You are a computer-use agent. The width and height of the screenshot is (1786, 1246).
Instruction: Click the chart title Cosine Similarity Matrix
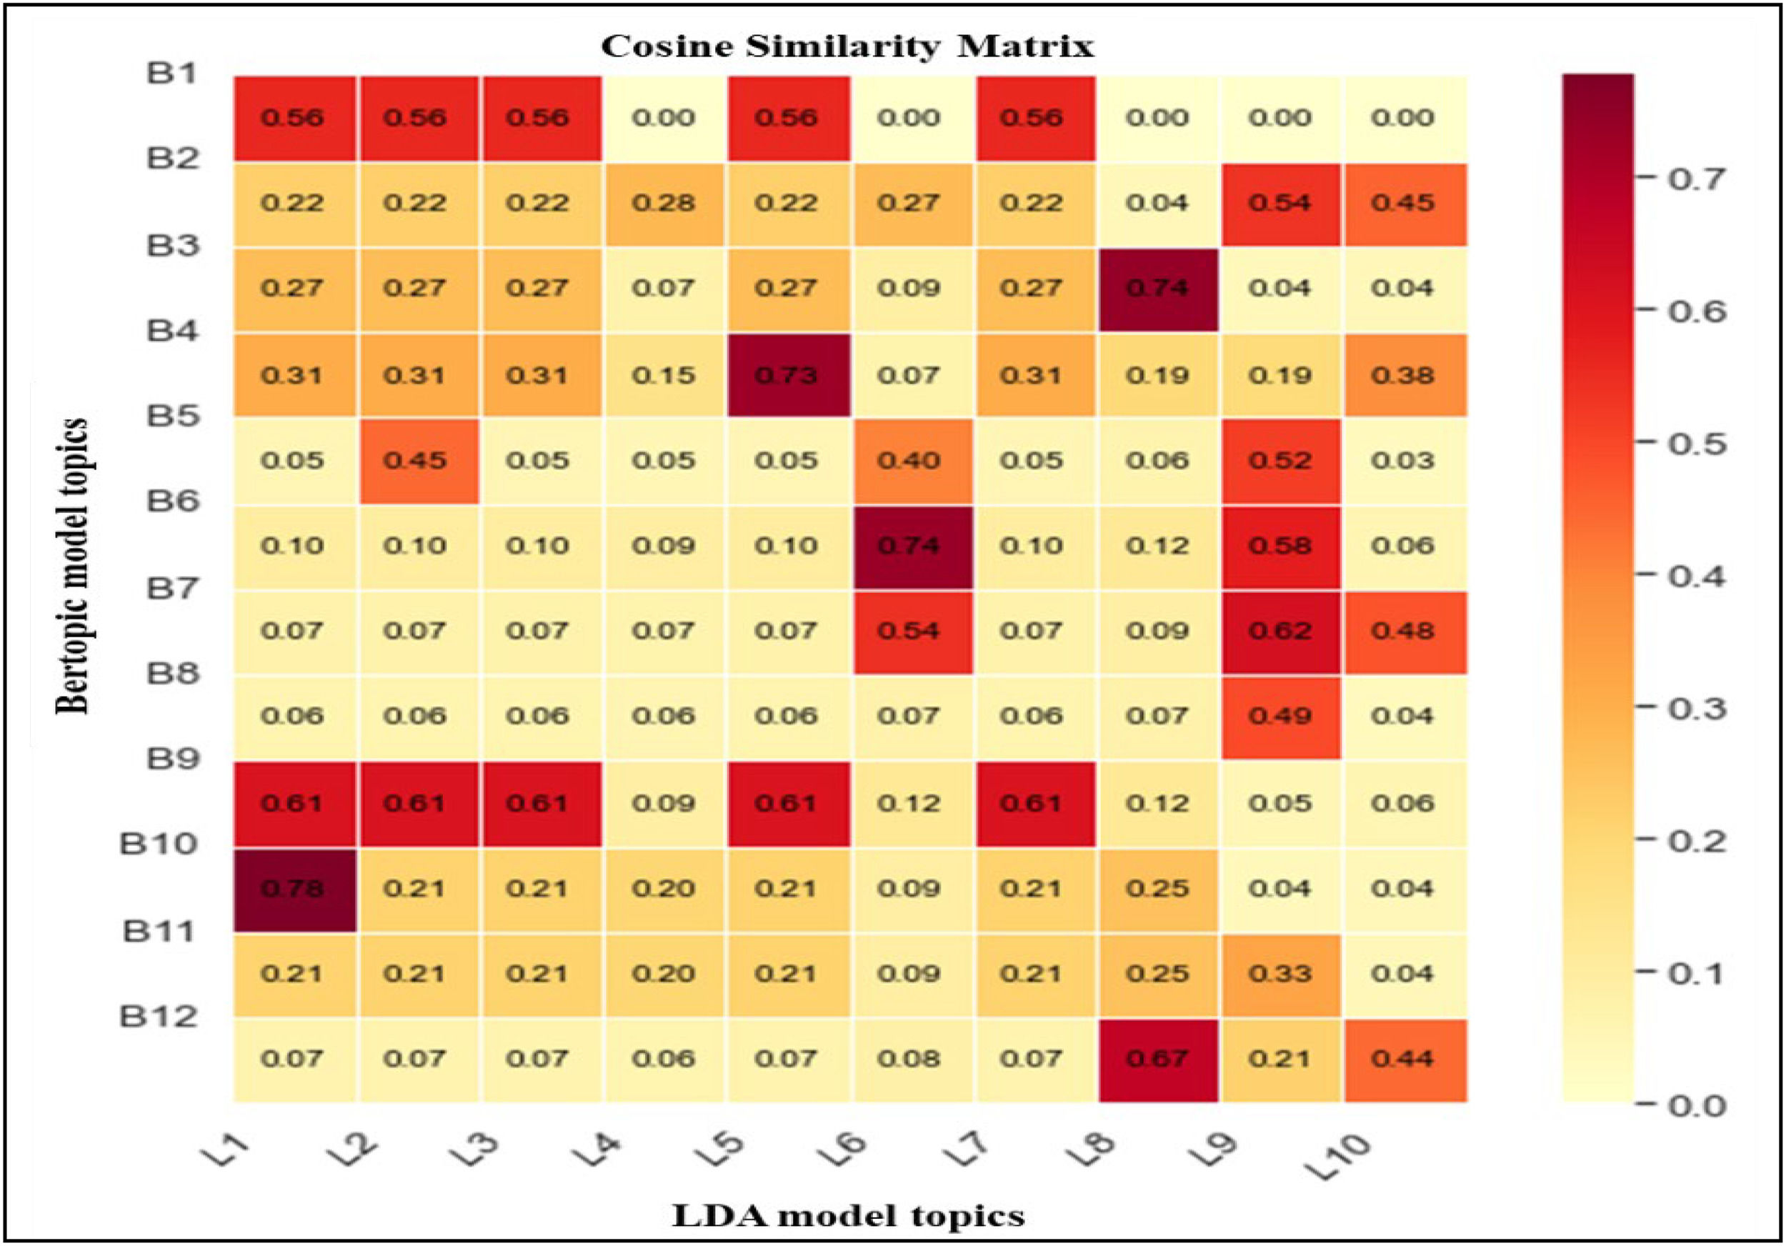click(x=847, y=46)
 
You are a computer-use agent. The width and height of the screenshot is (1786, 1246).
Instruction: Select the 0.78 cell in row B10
click(x=293, y=888)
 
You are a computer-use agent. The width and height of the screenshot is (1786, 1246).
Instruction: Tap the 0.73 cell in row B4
click(x=787, y=376)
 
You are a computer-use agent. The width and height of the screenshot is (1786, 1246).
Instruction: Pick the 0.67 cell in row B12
click(x=1157, y=1059)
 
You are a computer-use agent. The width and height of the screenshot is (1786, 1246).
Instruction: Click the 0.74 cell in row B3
click(x=1157, y=289)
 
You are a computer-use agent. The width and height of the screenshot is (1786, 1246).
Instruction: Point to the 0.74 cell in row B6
click(x=910, y=546)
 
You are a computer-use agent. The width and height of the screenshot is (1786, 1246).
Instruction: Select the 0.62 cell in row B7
click(x=1280, y=631)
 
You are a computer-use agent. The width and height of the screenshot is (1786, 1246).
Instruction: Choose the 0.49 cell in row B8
click(x=1280, y=717)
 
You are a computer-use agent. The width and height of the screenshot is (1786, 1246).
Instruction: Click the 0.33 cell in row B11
click(x=1280, y=974)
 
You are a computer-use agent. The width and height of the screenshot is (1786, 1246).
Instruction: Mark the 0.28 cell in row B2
click(x=664, y=203)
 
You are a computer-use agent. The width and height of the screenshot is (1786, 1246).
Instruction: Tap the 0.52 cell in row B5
click(x=1280, y=460)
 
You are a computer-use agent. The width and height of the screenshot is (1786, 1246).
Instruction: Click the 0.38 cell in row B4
click(x=1403, y=376)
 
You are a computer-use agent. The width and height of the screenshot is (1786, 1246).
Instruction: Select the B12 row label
click(x=158, y=1017)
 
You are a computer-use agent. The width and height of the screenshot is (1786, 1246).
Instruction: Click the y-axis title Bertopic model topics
click(x=71, y=565)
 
